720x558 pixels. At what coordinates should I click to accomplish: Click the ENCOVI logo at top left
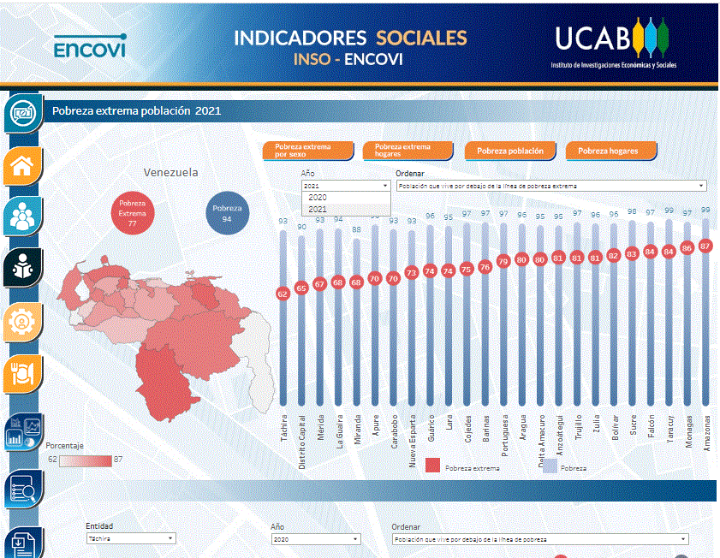[x=89, y=46]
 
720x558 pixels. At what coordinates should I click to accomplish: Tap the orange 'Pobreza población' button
[x=509, y=151]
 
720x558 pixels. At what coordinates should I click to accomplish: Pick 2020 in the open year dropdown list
[x=318, y=198]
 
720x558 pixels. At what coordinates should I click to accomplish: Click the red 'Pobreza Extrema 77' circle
[x=133, y=211]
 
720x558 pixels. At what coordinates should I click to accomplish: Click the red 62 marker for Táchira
[x=283, y=294]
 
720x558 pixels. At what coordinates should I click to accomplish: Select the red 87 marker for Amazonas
[x=706, y=245]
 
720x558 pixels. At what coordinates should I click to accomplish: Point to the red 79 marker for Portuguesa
[x=503, y=262]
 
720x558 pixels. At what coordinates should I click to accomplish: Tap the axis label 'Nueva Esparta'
[x=412, y=444]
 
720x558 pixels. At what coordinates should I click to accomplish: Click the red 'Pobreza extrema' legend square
[x=432, y=466]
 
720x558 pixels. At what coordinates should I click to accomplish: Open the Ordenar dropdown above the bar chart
[x=550, y=186]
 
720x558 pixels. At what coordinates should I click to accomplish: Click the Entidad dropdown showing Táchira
[x=130, y=539]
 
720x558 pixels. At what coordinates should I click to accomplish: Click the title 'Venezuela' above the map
[x=170, y=172]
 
